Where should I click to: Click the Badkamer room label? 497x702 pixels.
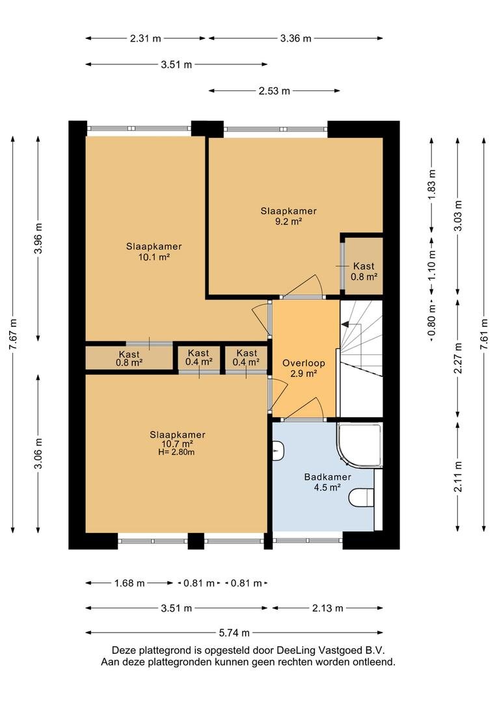tap(327, 477)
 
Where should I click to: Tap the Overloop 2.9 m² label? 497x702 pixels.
tap(303, 368)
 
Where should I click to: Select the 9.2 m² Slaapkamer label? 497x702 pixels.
tap(289, 216)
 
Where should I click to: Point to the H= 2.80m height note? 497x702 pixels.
tap(178, 452)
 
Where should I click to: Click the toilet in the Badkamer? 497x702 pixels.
tap(361, 497)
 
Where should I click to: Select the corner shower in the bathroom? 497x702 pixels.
tap(360, 444)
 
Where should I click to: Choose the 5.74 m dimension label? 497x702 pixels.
tap(234, 633)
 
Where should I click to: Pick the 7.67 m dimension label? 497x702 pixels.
tap(14, 335)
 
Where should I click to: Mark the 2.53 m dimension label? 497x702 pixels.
tap(275, 91)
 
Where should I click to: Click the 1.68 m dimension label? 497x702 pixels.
tap(129, 583)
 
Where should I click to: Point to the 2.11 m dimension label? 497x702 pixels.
tap(458, 477)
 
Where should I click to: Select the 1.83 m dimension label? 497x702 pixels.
tap(432, 185)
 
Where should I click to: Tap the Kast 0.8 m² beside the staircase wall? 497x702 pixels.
tap(364, 271)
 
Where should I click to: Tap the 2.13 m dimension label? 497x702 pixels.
tap(328, 608)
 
